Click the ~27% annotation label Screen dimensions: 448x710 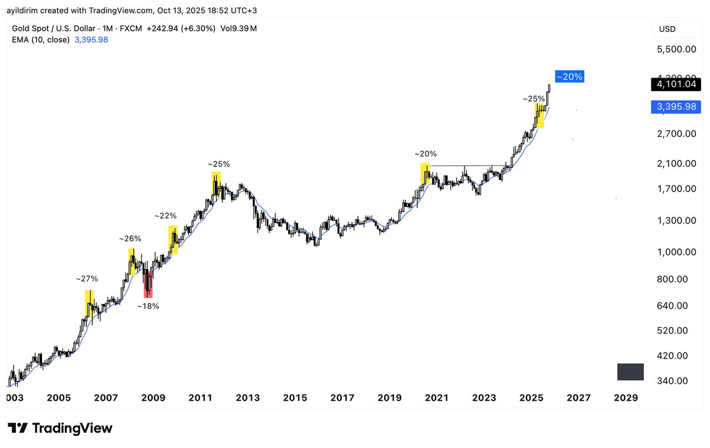[86, 279]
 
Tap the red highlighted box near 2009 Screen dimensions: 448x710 [148, 286]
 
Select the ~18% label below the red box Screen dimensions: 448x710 [148, 306]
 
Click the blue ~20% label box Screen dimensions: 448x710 [570, 76]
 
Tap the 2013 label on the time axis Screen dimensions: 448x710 [248, 398]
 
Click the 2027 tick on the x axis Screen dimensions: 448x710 [579, 398]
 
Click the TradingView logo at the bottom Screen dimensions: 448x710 [60, 428]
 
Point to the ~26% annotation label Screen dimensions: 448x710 [130, 239]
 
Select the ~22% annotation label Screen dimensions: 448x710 [166, 216]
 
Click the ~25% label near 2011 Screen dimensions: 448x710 [219, 164]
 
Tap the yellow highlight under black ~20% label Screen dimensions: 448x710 [425, 173]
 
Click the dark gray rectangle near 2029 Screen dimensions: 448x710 [630, 372]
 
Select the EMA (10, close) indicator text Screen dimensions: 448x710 [41, 40]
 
